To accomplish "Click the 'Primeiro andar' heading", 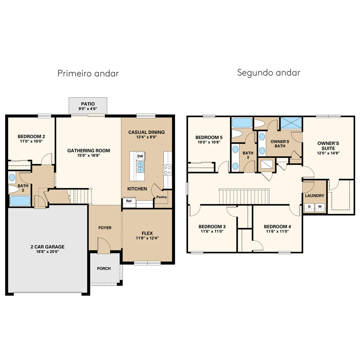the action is click(88, 73).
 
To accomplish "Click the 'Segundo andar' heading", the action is click(269, 73).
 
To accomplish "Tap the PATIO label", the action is click(88, 104).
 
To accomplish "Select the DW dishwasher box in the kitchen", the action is click(140, 156).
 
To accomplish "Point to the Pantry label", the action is click(162, 197).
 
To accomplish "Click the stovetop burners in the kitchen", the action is click(167, 170).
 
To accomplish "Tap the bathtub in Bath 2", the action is click(20, 201).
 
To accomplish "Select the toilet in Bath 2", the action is click(14, 189).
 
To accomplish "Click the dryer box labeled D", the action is click(309, 207).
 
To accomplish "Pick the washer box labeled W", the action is click(320, 207).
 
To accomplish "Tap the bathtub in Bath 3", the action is click(242, 123).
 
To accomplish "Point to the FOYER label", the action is click(105, 228).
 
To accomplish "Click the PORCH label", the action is click(104, 268).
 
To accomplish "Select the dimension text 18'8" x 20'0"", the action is click(48, 252).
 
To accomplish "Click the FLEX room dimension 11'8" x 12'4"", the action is click(147, 238).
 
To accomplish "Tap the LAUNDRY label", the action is click(315, 196).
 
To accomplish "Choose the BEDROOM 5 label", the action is click(209, 138).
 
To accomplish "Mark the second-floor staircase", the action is click(244, 197).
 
